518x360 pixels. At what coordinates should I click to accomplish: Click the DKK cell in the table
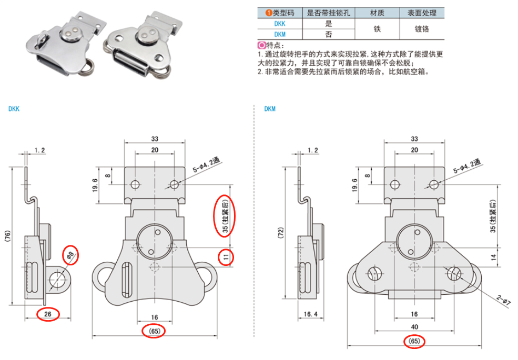[280, 24]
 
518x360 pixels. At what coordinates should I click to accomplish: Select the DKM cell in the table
[280, 34]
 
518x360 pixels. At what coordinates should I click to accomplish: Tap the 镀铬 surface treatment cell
[422, 29]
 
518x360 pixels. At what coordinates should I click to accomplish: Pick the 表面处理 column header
[422, 13]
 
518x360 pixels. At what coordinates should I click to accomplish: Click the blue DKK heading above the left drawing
[14, 109]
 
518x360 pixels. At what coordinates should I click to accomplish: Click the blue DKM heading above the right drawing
[270, 109]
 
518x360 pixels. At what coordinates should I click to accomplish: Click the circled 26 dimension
[48, 314]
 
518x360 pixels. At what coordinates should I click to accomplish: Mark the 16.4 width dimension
[311, 314]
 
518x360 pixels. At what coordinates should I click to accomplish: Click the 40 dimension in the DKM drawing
[414, 326]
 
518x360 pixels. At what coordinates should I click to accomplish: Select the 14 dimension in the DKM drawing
[493, 258]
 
